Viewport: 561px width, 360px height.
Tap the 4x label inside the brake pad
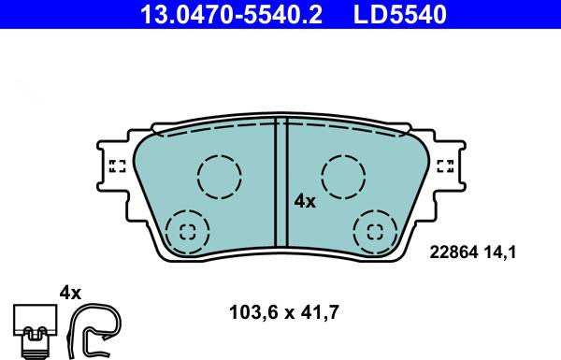pyautogui.click(x=305, y=200)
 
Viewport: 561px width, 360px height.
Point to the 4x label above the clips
pyautogui.click(x=71, y=293)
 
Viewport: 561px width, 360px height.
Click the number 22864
pyautogui.click(x=452, y=251)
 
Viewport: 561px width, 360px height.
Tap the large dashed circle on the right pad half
pyautogui.click(x=343, y=175)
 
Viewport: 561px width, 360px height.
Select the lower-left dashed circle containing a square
pyautogui.click(x=186, y=231)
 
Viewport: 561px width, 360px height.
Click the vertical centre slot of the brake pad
pyautogui.click(x=280, y=187)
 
